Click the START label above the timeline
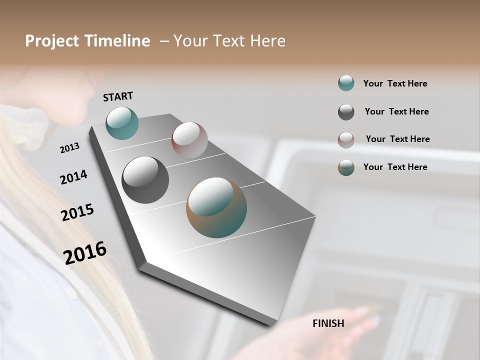point(118,96)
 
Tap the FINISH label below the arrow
point(328,323)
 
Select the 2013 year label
point(69,148)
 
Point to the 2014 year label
point(73,177)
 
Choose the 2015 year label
point(77,212)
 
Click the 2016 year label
point(85,253)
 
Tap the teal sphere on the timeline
point(122,123)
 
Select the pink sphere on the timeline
point(189,140)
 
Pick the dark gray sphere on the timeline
point(145,180)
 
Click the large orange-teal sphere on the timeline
point(216,207)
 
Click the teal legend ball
point(346,83)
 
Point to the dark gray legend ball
point(346,112)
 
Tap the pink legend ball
point(346,140)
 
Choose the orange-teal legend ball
point(346,167)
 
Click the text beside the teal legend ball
point(395,83)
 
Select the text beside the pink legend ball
point(397,139)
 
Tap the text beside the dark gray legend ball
point(396,111)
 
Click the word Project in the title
point(52,41)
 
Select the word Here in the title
point(267,41)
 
